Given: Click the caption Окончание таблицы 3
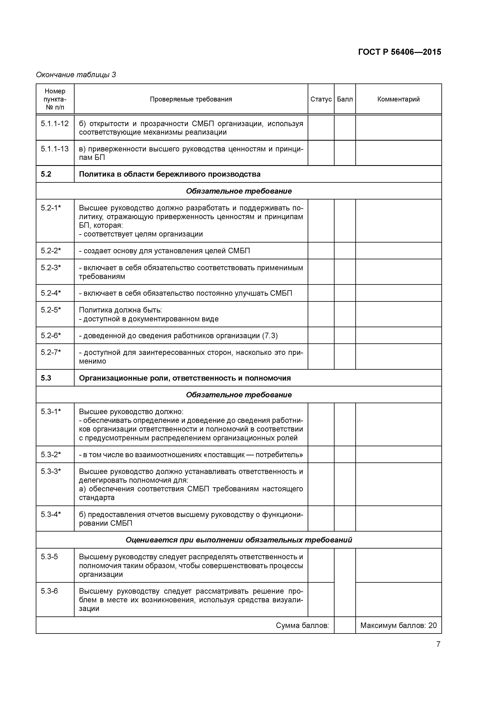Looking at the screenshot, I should pos(76,75).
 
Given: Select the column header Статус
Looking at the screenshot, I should pos(321,99).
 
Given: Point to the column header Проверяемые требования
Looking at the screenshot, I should pos(191,99).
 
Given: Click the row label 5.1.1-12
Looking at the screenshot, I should pos(55,123).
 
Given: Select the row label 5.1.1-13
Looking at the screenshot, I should pos(55,149).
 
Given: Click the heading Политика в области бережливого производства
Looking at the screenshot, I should pos(169,174).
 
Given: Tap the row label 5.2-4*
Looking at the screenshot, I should pos(51,293).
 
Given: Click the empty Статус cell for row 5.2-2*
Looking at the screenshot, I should pos(321,250).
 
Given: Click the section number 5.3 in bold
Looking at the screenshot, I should pos(46,378).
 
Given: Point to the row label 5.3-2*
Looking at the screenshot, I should pos(51,455).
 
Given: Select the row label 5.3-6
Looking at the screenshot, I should pos(49,591).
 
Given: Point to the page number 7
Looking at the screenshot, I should pos(438,644).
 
